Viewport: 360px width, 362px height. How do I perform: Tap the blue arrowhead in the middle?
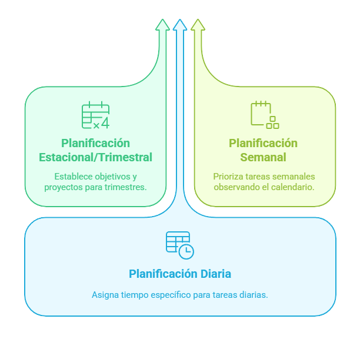click(180, 24)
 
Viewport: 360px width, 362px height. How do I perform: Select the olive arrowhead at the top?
click(198, 24)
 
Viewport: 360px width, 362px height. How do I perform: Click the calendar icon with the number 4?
click(95, 115)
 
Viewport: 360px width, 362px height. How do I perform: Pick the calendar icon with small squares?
click(264, 115)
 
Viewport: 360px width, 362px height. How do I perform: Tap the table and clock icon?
click(179, 245)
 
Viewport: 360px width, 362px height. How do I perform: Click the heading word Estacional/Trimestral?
click(95, 158)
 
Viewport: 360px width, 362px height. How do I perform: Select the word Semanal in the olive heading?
click(263, 158)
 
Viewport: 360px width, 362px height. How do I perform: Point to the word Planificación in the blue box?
click(162, 274)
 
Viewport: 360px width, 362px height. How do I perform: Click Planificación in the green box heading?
click(95, 143)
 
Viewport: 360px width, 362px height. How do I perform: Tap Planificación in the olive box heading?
click(263, 143)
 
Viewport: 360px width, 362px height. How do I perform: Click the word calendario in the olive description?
click(291, 187)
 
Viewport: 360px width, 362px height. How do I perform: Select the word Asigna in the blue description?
click(105, 294)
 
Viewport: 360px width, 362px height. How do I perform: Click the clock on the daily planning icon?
click(186, 251)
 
